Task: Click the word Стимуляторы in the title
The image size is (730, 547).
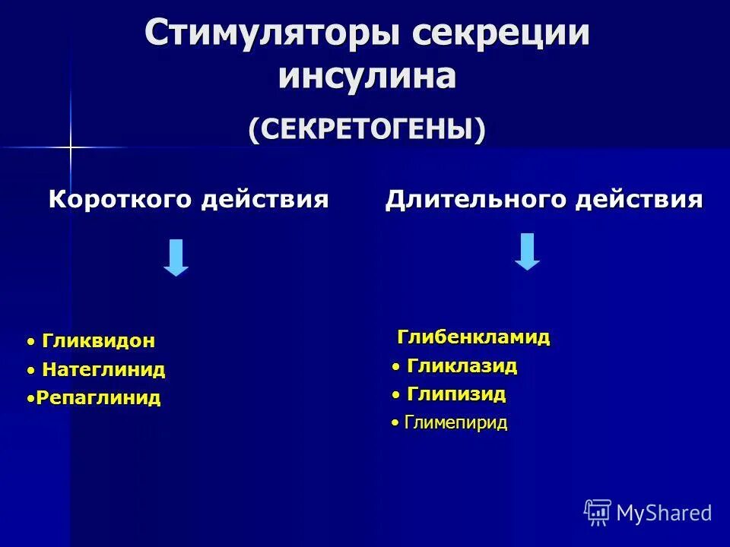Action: pyautogui.click(x=271, y=35)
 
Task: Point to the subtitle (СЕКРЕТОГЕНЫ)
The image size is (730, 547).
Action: pyautogui.click(x=367, y=128)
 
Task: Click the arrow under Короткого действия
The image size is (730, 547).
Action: pyautogui.click(x=176, y=258)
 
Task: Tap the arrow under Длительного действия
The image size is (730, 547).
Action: pyautogui.click(x=527, y=251)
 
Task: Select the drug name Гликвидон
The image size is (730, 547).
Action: pyautogui.click(x=98, y=341)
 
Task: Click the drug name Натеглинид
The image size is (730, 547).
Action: pyautogui.click(x=103, y=370)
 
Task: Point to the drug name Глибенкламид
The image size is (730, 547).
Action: pyautogui.click(x=473, y=337)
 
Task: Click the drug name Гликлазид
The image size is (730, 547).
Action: pyautogui.click(x=462, y=366)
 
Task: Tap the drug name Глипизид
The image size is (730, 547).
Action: pyautogui.click(x=456, y=394)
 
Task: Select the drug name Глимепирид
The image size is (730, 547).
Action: pyautogui.click(x=455, y=423)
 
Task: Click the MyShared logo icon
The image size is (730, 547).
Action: pyautogui.click(x=598, y=513)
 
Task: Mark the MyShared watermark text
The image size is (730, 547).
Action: pyautogui.click(x=664, y=513)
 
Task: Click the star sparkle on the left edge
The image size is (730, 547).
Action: pyautogui.click(x=70, y=146)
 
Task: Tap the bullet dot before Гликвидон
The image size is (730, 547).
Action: pyautogui.click(x=30, y=342)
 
